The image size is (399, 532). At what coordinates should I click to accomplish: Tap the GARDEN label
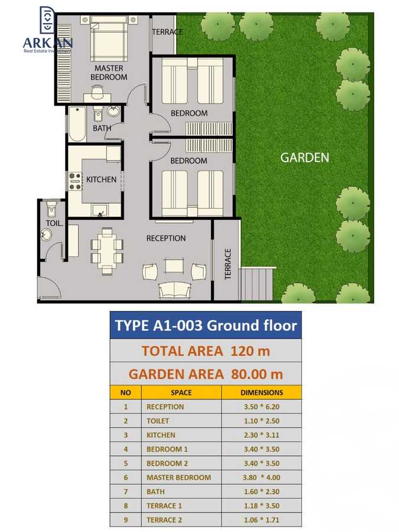304,158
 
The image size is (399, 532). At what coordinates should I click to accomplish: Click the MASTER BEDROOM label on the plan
109,73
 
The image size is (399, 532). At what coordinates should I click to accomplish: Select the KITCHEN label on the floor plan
101,179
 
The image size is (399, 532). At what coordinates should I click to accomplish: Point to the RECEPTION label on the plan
166,238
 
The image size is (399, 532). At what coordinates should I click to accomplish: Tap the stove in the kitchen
75,180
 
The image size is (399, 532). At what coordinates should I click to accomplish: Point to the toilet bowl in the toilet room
51,209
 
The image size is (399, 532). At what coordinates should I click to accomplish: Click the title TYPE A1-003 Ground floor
206,326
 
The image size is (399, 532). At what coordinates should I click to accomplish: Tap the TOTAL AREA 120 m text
206,351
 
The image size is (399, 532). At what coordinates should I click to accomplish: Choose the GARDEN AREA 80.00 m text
206,374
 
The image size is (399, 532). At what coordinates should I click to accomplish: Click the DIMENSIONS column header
261,392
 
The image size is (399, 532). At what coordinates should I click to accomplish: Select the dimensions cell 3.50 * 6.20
261,407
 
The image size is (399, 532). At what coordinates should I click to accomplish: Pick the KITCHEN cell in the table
161,435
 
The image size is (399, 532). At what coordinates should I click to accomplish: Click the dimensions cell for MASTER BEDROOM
261,478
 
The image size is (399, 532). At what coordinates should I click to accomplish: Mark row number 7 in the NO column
125,492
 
